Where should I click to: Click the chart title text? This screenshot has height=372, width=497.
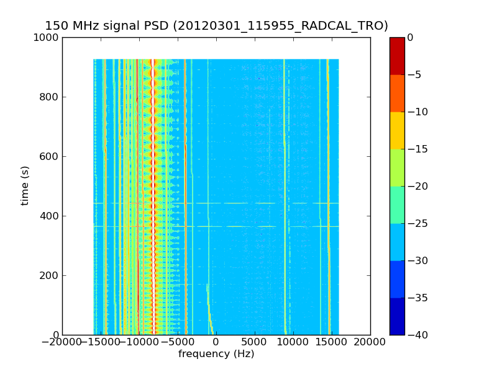pos(216,26)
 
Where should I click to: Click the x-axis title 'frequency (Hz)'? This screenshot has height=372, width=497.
pos(216,354)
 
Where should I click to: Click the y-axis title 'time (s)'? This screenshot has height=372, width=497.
pos(25,185)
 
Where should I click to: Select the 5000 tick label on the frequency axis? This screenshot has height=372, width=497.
pos(254,342)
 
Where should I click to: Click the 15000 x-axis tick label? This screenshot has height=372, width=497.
pos(331,342)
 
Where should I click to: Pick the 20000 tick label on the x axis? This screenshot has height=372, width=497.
pos(370,342)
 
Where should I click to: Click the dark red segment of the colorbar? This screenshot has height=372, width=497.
pos(397,56)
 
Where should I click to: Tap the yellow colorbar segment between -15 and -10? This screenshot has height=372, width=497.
pos(397,130)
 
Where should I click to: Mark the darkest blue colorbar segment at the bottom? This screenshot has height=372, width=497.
pos(397,316)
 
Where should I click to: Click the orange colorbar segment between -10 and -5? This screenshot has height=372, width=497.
pos(397,93)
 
